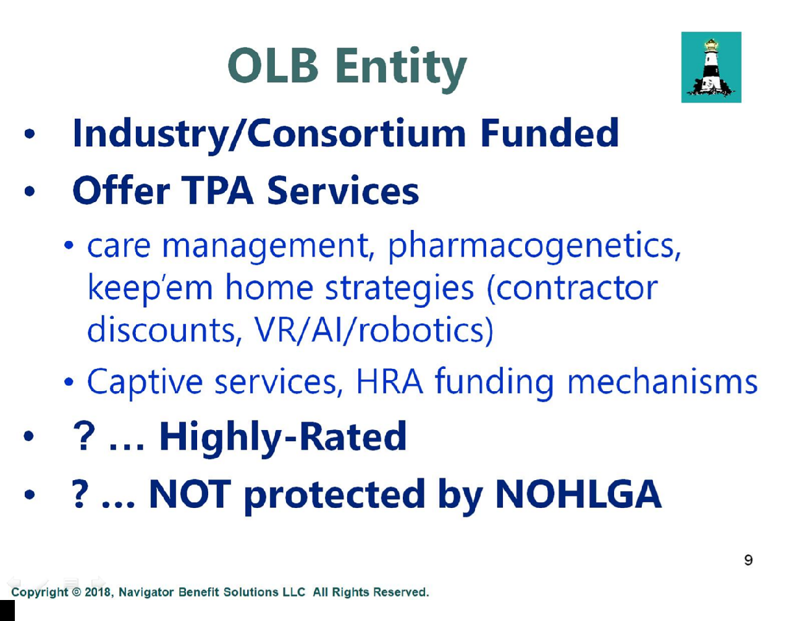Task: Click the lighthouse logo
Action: point(711,67)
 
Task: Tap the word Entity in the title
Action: point(401,69)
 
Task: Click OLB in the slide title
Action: point(273,66)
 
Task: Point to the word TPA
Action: point(218,190)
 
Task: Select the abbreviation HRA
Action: point(390,381)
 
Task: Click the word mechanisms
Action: point(662,381)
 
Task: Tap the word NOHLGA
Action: point(578,494)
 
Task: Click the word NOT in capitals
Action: point(190,494)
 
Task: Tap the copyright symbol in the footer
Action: point(76,592)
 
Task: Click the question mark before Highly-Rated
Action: point(84,436)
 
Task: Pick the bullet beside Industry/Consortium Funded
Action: point(30,133)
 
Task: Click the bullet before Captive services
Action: point(69,382)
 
